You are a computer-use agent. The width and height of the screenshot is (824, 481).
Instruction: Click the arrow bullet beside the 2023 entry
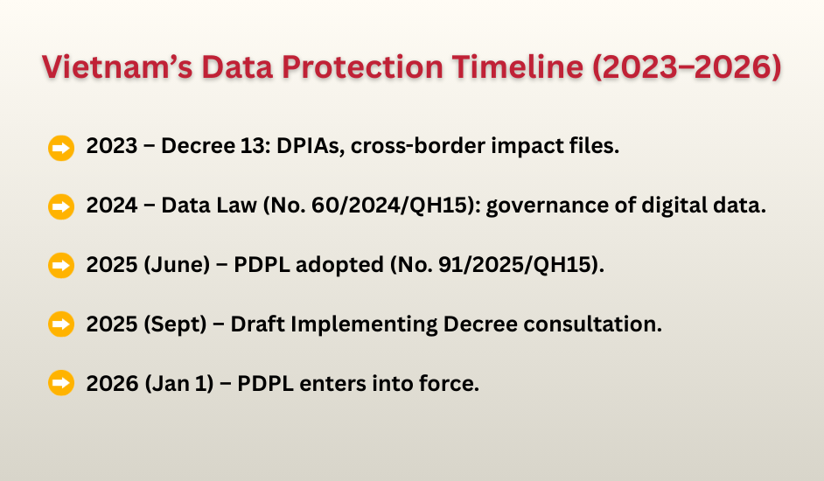pos(60,148)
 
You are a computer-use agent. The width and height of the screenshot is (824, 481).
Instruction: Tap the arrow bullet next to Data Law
pos(60,207)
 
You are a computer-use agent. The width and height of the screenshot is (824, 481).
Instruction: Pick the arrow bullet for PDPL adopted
pos(60,266)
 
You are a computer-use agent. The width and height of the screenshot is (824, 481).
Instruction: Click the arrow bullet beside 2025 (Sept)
pos(60,324)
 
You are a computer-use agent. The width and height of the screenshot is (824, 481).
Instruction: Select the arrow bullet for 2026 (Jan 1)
pos(60,383)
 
